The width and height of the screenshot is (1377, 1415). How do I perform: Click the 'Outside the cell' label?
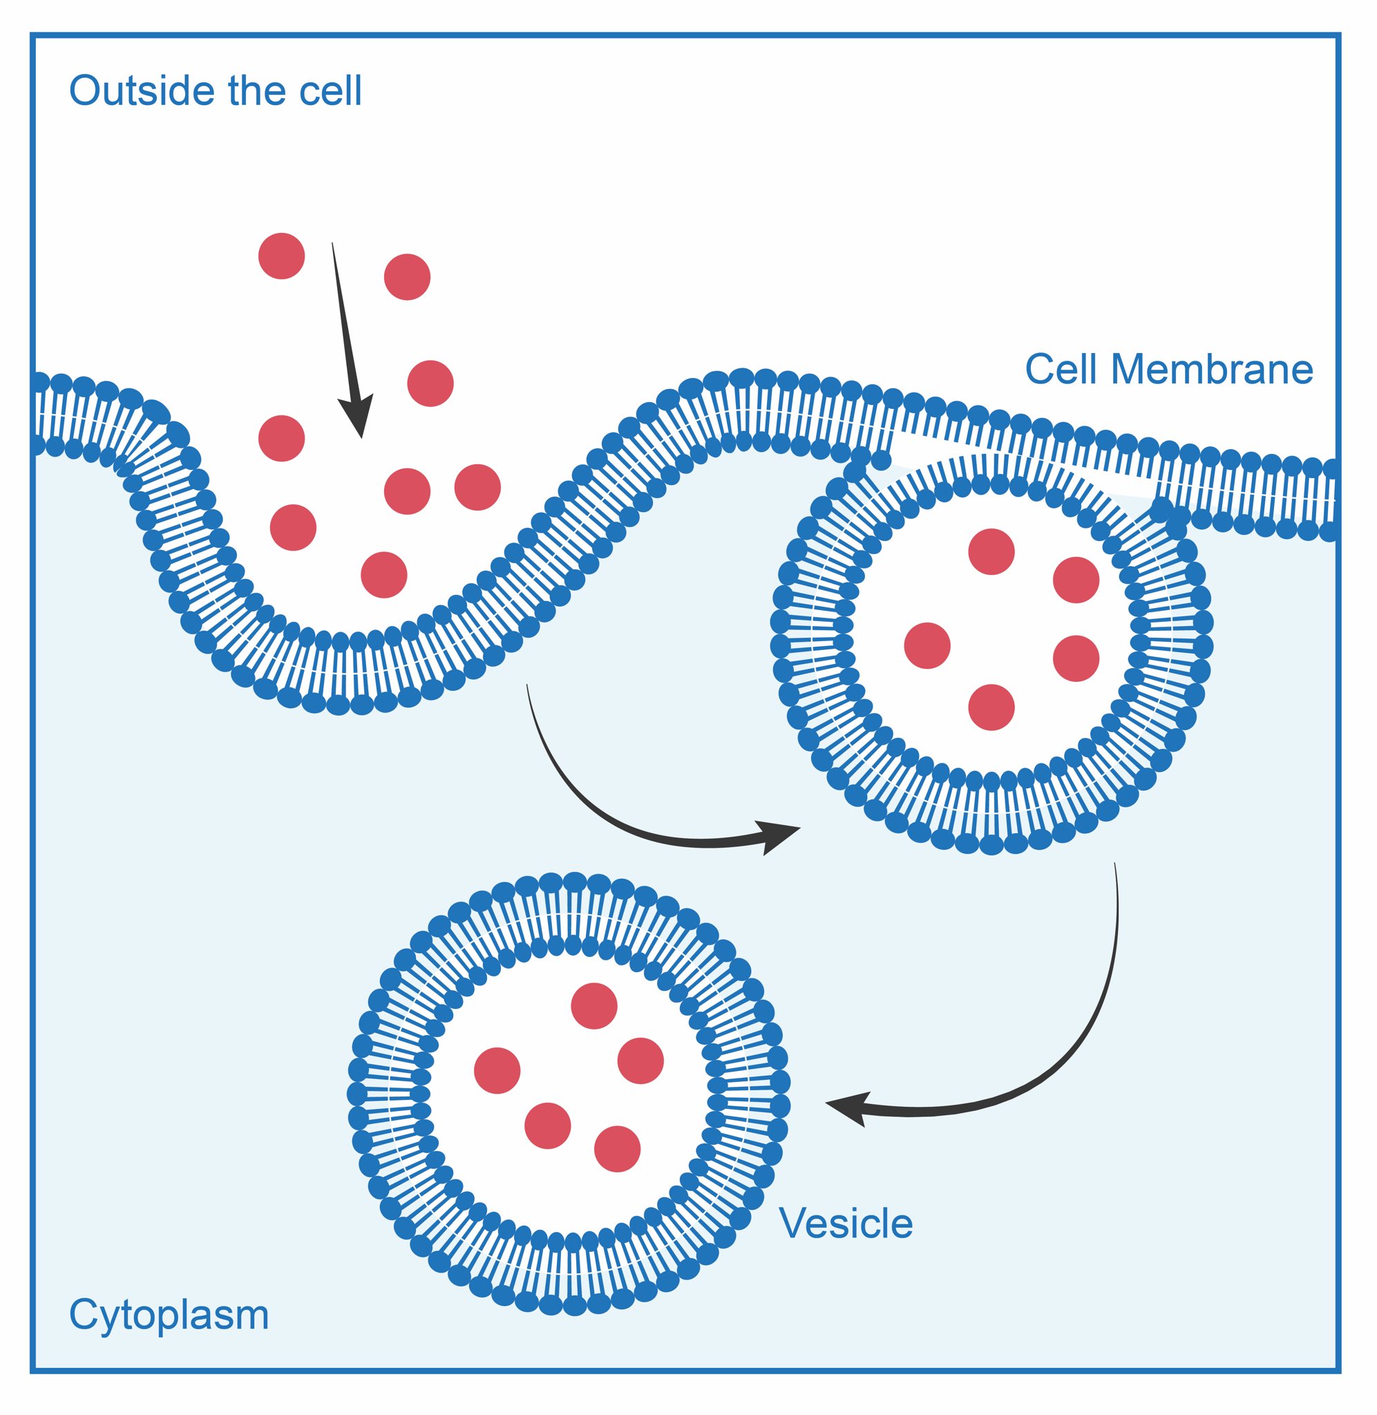pyautogui.click(x=215, y=92)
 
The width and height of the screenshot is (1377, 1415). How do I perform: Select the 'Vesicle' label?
pyautogui.click(x=846, y=1224)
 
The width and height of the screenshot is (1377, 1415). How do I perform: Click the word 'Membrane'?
pyautogui.click(x=1211, y=370)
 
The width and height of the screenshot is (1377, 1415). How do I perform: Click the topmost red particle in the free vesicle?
pyautogui.click(x=593, y=1005)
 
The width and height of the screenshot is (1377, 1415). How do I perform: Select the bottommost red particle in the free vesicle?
pyautogui.click(x=617, y=1149)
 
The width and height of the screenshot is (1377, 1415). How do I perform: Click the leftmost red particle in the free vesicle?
pyautogui.click(x=497, y=1070)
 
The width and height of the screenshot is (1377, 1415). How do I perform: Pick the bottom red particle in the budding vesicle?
pyautogui.click(x=991, y=707)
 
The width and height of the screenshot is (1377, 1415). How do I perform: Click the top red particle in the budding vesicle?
pyautogui.click(x=991, y=551)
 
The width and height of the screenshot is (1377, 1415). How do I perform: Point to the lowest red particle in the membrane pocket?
pyautogui.click(x=383, y=575)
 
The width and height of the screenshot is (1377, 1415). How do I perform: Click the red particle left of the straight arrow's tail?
pyautogui.click(x=281, y=255)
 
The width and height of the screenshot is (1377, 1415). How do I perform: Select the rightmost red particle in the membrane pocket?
pyautogui.click(x=477, y=486)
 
